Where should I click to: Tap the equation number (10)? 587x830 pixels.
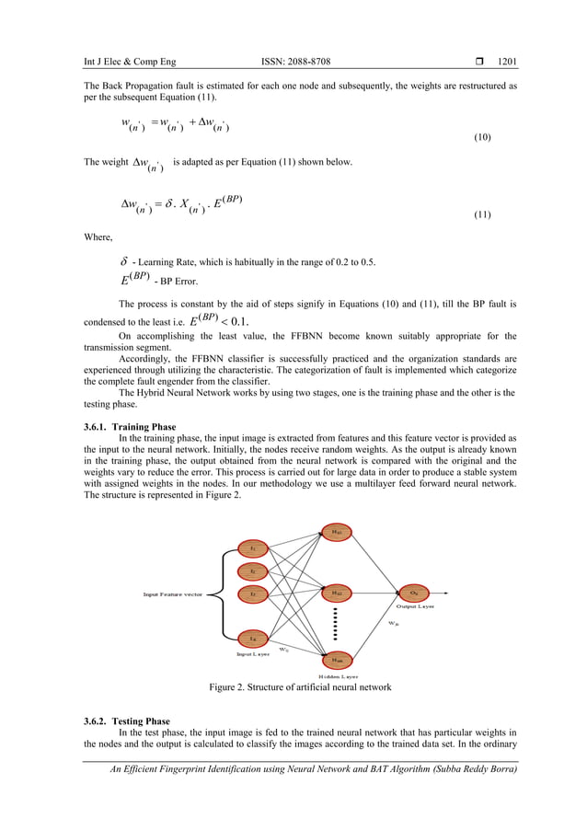tap(481, 138)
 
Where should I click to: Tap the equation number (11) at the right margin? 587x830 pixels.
tap(481, 214)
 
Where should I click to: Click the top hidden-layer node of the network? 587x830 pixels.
tap(337, 531)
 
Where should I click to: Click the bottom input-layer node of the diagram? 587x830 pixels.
tap(252, 637)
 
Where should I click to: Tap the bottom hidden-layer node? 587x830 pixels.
tap(337, 657)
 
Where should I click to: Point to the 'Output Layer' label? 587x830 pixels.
tap(416, 606)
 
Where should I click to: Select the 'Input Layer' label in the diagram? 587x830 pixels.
tap(253, 653)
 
